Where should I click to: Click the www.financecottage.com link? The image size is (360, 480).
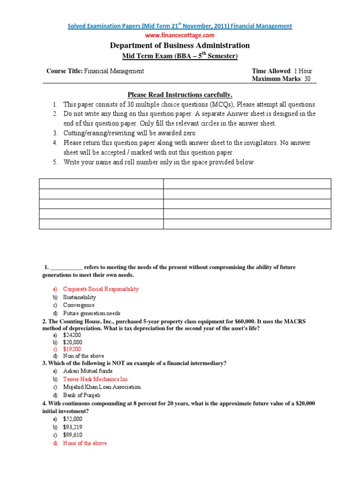tap(180, 35)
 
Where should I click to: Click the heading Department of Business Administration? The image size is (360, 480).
tap(180, 45)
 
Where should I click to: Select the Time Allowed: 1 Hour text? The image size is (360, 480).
tap(282, 71)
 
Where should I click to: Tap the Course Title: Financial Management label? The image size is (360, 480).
tap(95, 71)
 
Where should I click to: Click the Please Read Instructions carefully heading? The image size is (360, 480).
tap(180, 95)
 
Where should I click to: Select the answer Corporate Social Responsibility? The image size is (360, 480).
tap(101, 289)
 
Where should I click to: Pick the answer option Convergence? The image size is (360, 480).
tap(79, 305)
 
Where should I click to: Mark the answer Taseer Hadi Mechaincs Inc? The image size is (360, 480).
tap(95, 379)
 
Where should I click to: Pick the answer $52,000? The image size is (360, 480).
tap(73, 419)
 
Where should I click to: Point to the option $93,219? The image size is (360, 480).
tap(73, 427)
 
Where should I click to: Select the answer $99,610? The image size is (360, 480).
tap(73, 435)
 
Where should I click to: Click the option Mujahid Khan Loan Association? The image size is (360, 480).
tap(102, 387)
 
